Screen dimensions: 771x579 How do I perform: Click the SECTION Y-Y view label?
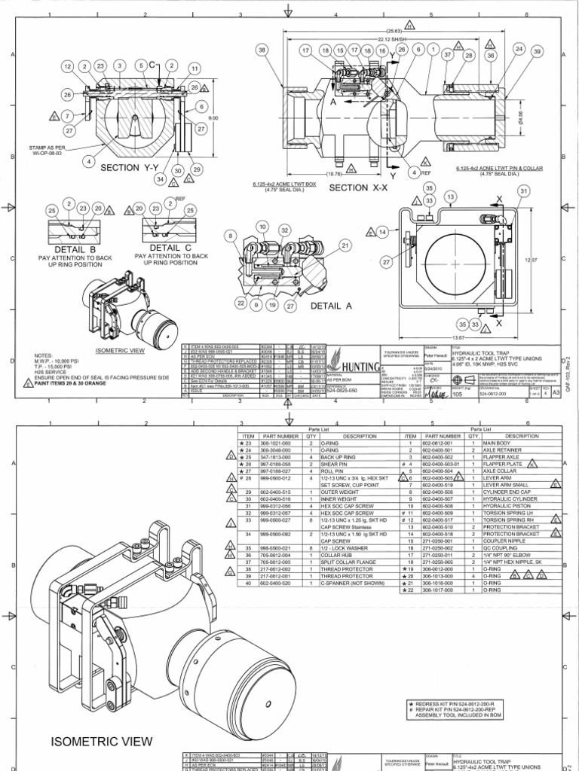click(127, 169)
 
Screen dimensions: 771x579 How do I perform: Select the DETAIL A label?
click(332, 306)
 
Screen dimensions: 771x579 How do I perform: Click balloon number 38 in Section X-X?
click(262, 50)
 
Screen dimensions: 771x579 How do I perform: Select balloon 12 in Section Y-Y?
click(67, 67)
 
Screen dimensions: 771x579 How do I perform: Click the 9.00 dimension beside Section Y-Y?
click(213, 117)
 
